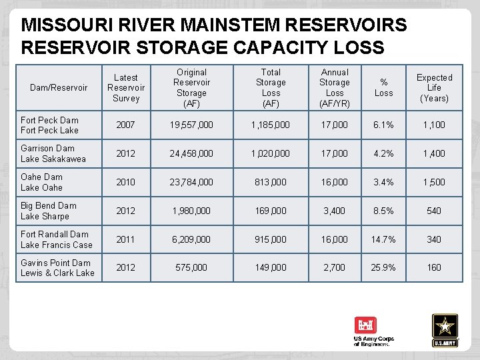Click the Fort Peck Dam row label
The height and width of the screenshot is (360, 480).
pos(49,125)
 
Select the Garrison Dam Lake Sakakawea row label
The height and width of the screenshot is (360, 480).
pos(53,153)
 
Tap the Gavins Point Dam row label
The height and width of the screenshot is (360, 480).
pos(57,267)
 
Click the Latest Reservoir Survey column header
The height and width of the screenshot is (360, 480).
pos(126,87)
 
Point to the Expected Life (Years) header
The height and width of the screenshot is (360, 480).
pos(434,87)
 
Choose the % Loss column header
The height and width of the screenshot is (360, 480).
pos(383,87)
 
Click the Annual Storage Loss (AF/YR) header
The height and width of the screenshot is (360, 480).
pos(335,87)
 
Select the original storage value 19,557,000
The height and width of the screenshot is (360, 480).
pos(191,125)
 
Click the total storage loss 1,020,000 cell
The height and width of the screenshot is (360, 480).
pos(271,153)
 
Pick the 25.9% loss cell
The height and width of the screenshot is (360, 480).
pos(383,267)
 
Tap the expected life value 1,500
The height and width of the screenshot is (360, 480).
pos(434,182)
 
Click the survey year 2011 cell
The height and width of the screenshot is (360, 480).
pos(126,239)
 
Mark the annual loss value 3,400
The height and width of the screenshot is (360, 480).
pos(335,211)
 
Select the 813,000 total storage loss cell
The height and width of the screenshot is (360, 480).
pos(271,182)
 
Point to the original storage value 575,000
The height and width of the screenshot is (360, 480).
pos(191,267)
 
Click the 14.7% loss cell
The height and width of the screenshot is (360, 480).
pos(383,239)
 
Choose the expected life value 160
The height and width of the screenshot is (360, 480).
pos(434,267)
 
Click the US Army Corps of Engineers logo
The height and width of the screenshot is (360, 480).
pos(373,331)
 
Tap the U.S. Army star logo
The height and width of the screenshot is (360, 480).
pos(445,329)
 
